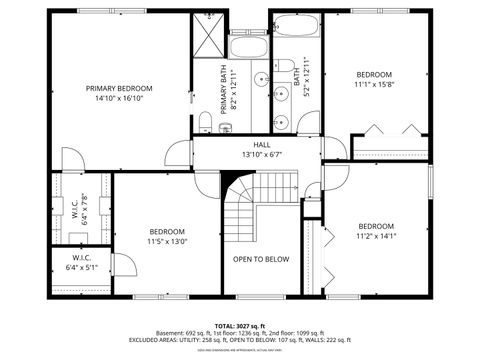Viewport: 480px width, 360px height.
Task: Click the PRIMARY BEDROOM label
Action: (x=119, y=88)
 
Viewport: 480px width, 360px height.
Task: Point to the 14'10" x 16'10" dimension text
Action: (x=119, y=99)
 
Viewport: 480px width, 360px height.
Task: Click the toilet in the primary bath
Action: (x=204, y=122)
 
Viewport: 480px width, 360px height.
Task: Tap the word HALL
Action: (x=261, y=145)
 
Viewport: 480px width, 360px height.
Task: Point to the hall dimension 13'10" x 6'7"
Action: (x=261, y=155)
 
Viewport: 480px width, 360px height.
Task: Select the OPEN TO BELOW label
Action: (x=261, y=259)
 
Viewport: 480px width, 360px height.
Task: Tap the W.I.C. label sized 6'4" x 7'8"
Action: (x=79, y=210)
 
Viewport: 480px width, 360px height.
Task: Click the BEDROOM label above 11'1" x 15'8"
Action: (x=374, y=74)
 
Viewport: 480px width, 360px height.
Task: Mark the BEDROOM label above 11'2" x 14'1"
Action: (x=376, y=225)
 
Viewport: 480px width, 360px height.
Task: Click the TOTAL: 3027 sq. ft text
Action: (x=241, y=326)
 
